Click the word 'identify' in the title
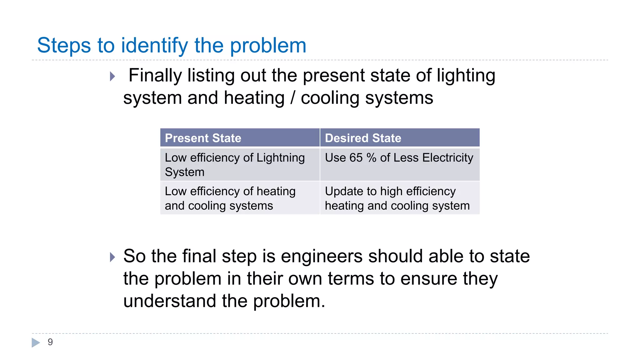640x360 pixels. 154,46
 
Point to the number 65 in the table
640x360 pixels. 356,158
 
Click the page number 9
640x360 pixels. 50,342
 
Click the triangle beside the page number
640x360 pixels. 36,342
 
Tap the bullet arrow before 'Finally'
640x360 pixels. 112,76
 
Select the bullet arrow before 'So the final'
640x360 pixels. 112,257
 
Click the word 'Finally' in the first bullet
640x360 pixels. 155,76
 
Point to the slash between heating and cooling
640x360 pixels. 292,98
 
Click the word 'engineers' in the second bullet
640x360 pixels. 322,256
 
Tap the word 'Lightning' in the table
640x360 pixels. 280,158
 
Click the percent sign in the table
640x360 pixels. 371,158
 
